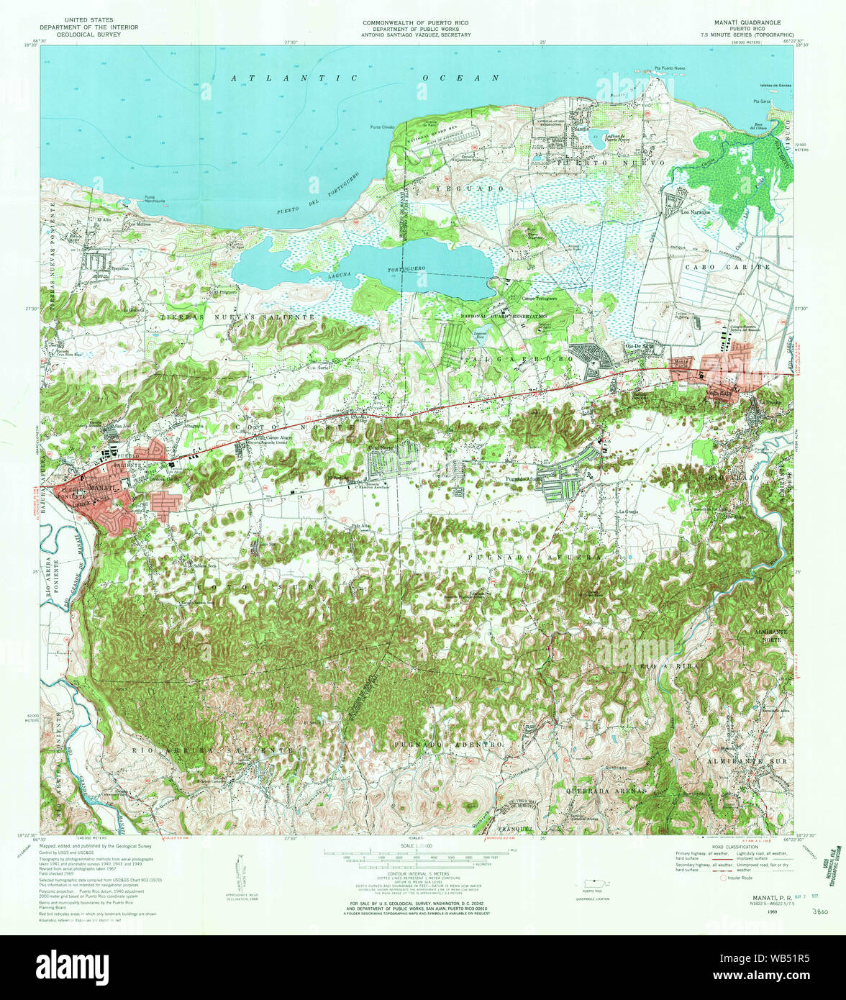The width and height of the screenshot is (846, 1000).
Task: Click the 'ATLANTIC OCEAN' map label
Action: pos(365,78)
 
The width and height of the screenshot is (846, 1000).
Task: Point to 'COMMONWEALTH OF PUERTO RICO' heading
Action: pos(417,22)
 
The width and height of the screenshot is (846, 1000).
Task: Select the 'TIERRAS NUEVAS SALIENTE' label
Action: pos(238,317)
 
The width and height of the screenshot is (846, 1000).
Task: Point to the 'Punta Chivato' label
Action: pos(383,128)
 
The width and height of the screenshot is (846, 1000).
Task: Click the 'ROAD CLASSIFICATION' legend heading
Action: pos(731,847)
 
